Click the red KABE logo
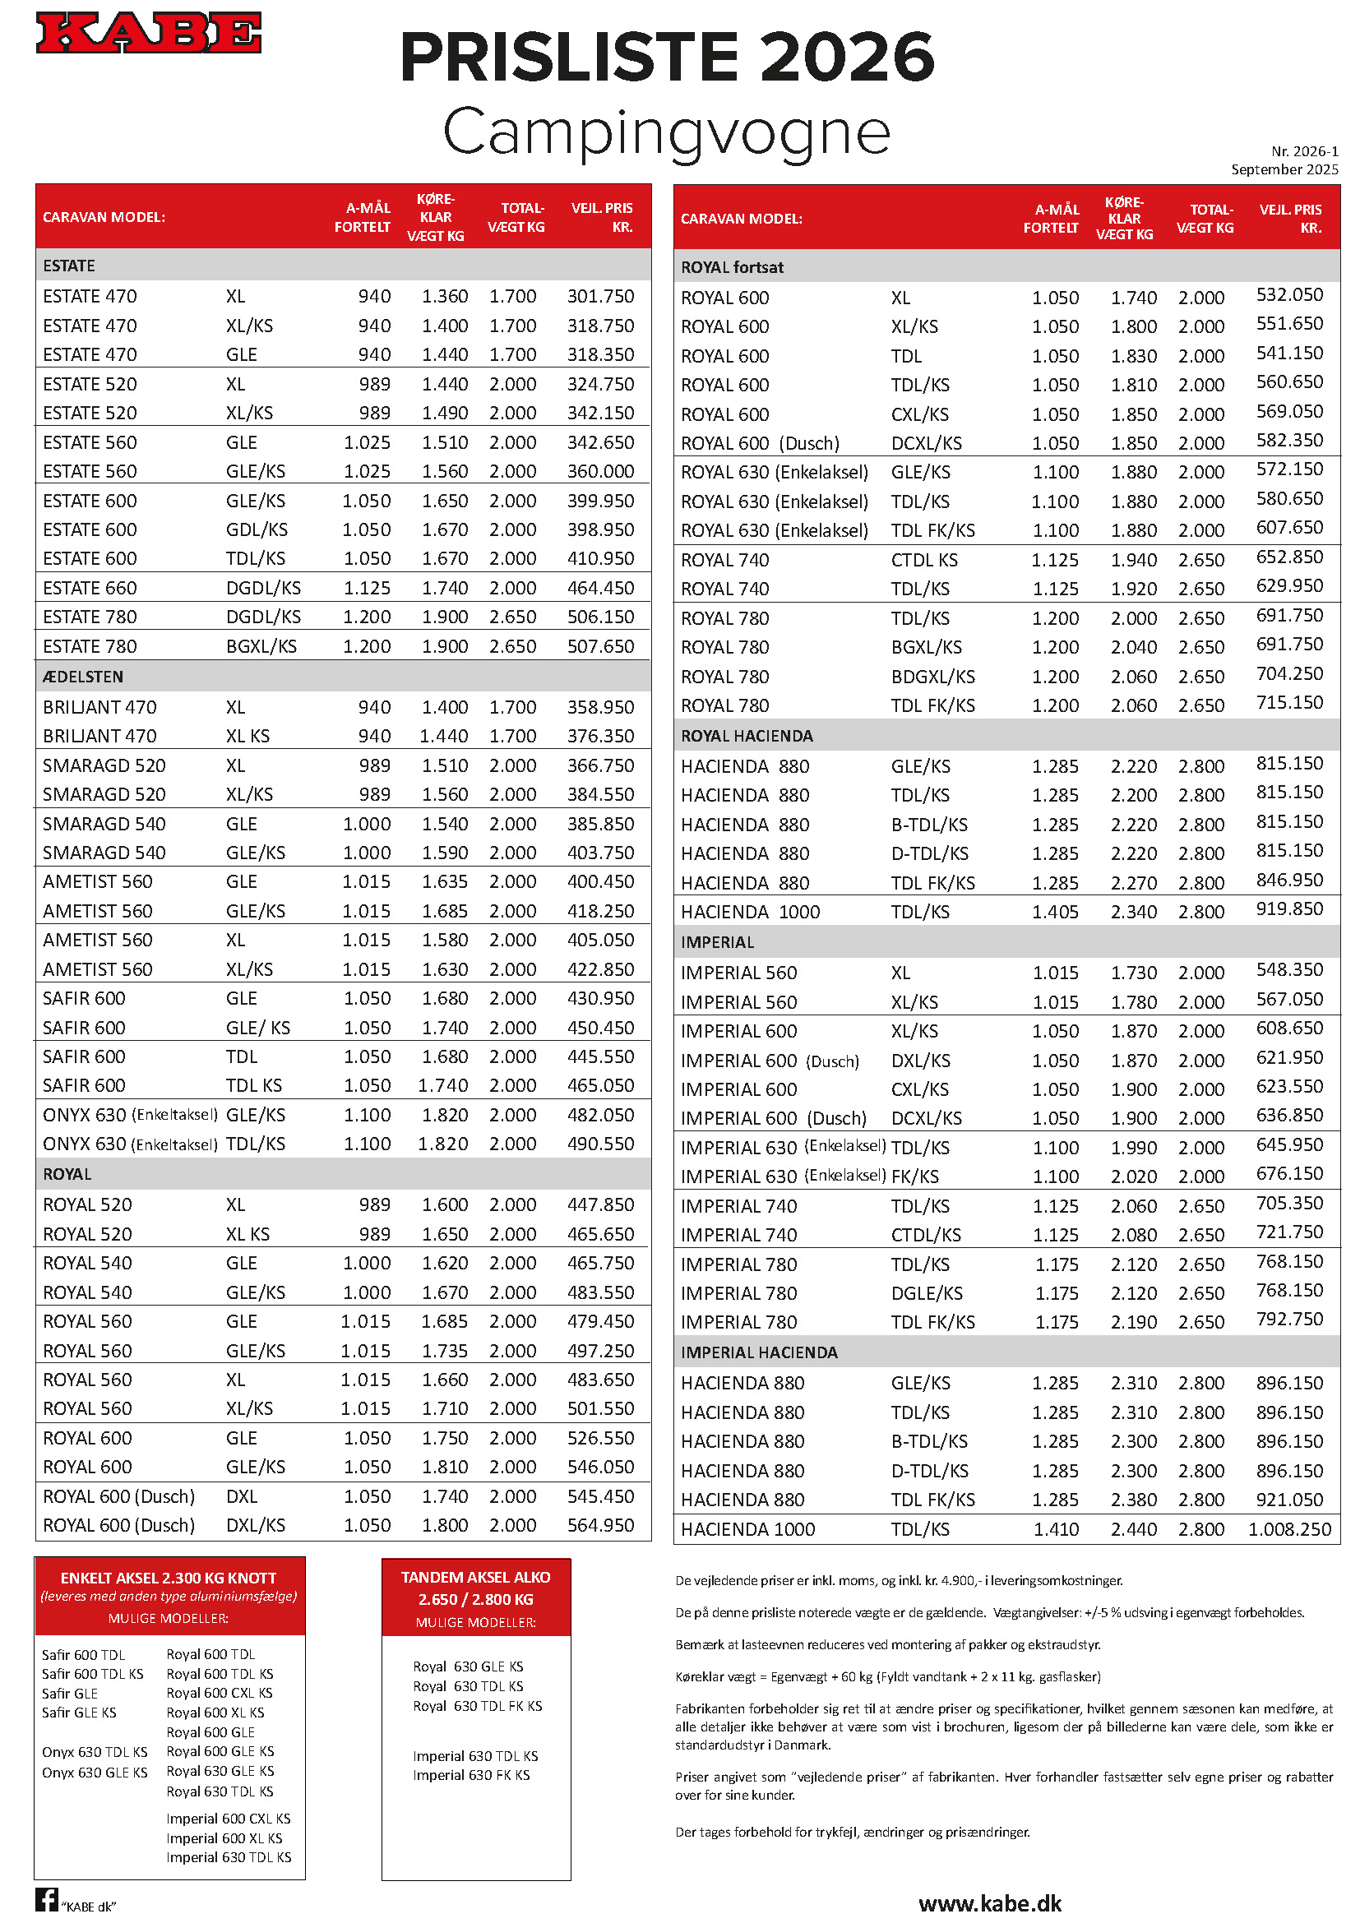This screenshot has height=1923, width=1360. [148, 33]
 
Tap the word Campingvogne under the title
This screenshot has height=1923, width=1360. [666, 132]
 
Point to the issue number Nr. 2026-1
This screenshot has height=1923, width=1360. [1304, 151]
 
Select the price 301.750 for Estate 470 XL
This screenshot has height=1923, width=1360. [600, 297]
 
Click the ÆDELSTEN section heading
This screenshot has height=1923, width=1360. [83, 677]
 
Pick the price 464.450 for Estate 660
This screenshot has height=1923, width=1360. [600, 588]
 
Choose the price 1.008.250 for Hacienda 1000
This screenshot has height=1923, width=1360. [1288, 1529]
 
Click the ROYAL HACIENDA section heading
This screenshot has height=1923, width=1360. [746, 736]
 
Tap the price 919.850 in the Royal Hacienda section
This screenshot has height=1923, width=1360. [1288, 909]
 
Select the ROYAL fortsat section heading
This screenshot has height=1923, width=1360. [732, 267]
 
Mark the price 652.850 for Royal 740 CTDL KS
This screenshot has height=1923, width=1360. [1288, 557]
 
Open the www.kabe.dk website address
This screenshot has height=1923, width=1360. [990, 1904]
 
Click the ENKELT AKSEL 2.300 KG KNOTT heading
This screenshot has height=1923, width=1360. [169, 1578]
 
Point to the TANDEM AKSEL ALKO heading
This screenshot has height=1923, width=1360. [475, 1578]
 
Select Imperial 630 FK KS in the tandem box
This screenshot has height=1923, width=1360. [470, 1775]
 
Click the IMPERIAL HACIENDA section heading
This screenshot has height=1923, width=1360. [759, 1352]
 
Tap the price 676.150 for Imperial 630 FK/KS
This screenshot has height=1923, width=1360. [1288, 1174]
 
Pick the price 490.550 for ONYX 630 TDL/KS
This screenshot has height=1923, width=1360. [600, 1144]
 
